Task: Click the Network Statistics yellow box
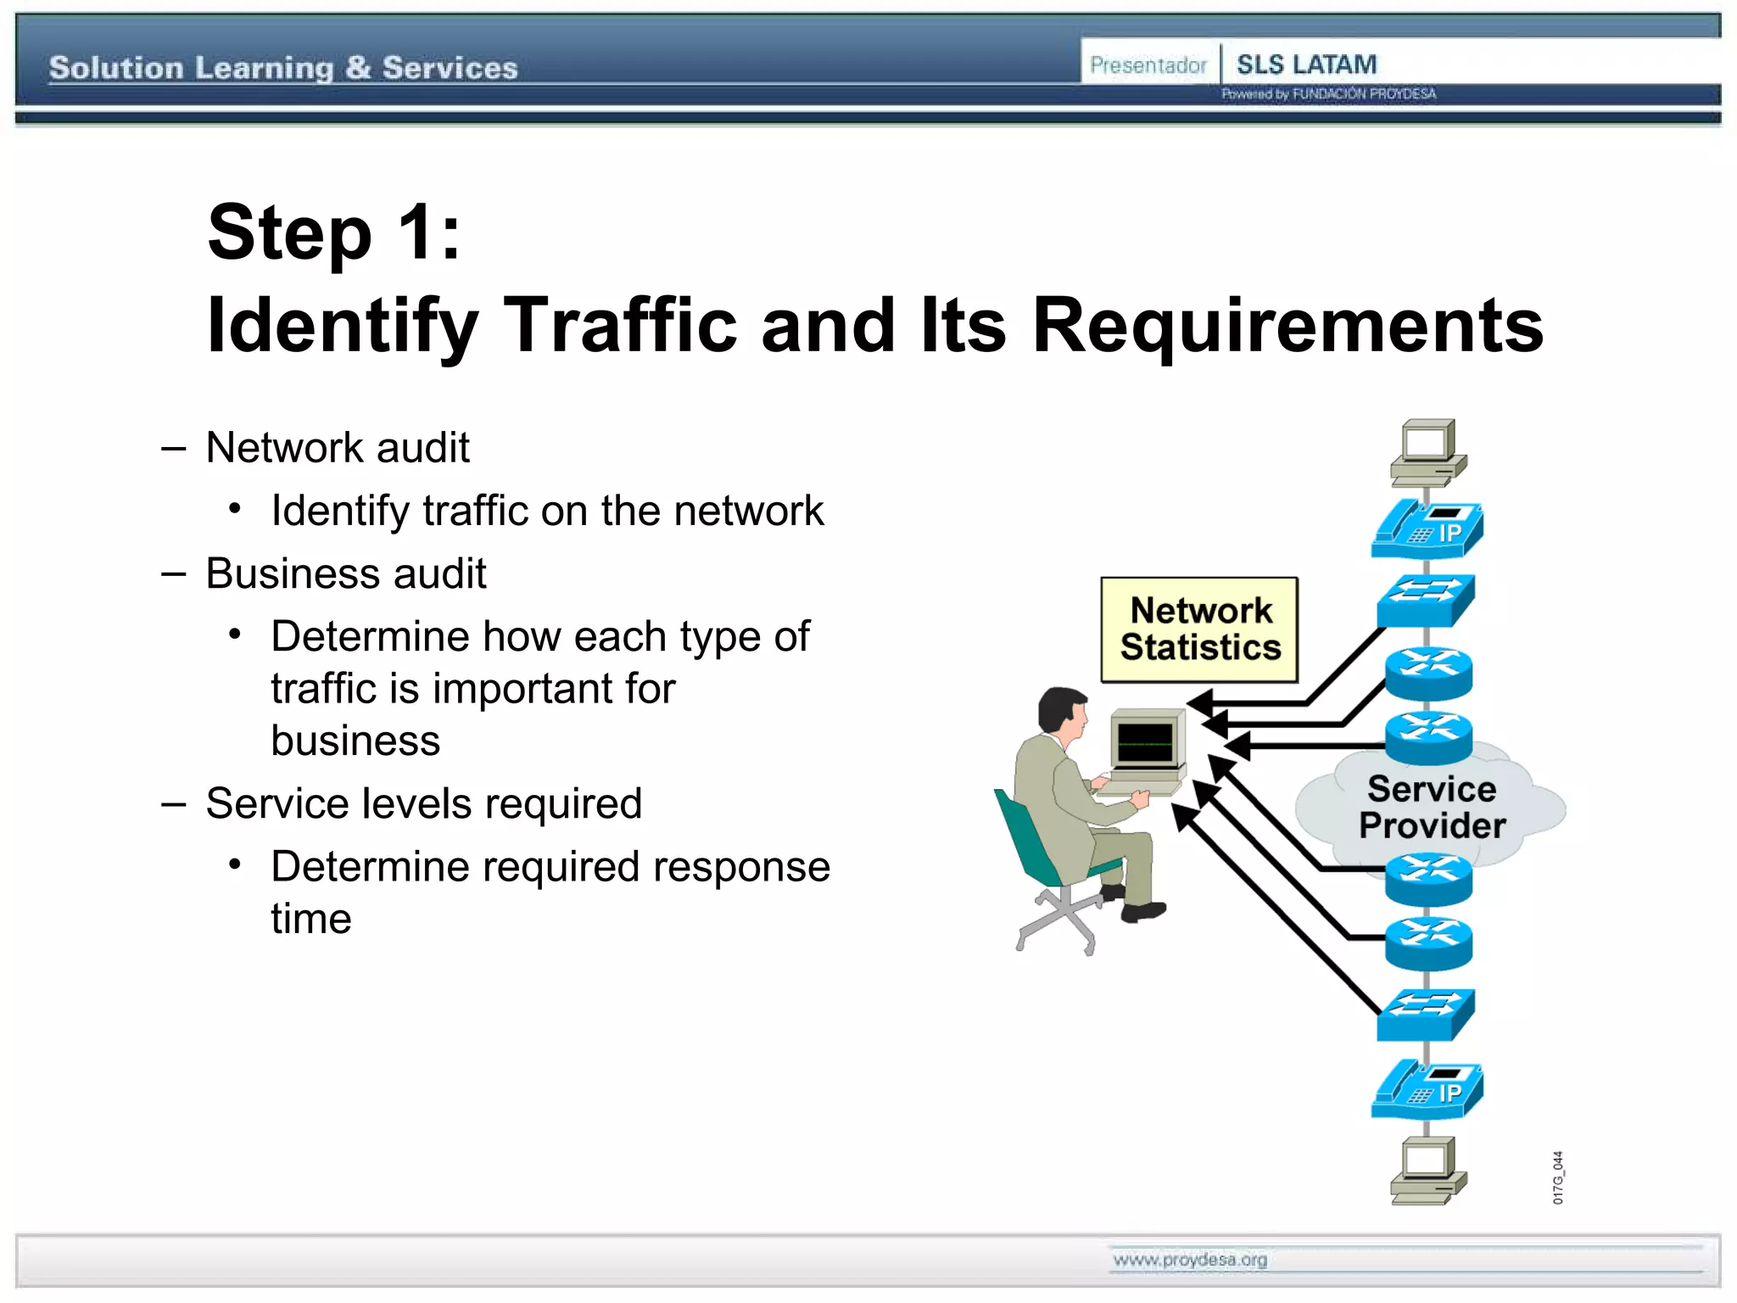coord(1199,629)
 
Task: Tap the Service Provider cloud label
coord(1432,807)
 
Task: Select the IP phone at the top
coord(1427,529)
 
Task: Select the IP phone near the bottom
coord(1427,1089)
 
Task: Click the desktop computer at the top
coord(1428,452)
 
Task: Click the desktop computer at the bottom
coord(1428,1171)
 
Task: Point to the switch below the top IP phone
coord(1426,600)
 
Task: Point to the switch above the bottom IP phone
coord(1426,1015)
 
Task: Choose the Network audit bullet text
coord(338,447)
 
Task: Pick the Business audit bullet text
coord(346,573)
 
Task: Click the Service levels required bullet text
coord(424,803)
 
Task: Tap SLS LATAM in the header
coord(1306,64)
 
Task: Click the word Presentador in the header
coord(1148,65)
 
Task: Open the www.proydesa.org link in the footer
coord(1190,1260)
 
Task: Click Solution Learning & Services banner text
coord(283,68)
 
